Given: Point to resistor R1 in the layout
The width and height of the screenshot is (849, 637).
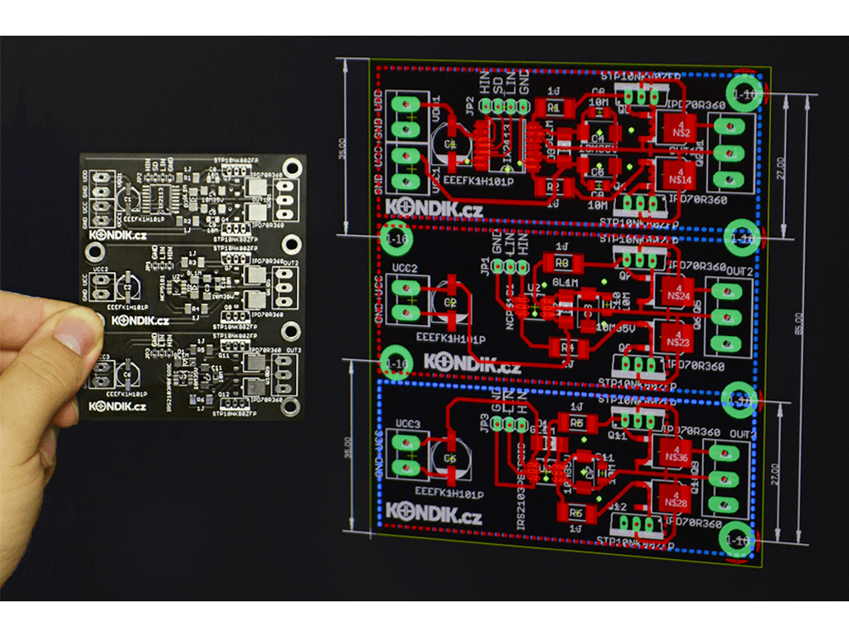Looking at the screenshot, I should tap(554, 107).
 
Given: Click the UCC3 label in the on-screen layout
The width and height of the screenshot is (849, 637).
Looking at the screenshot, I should tap(406, 424).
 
